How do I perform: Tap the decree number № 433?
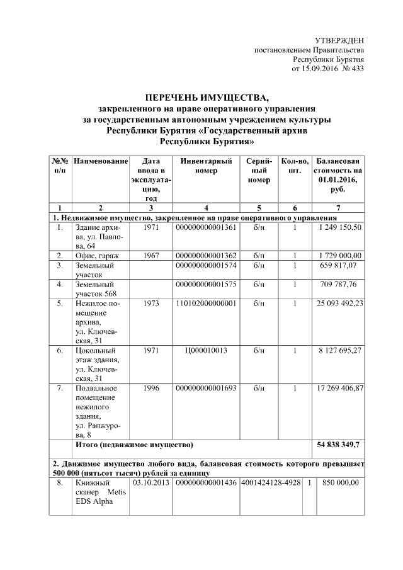tap(353, 67)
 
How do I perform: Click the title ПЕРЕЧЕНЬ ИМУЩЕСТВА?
tap(207, 98)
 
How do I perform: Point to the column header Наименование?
tap(101, 161)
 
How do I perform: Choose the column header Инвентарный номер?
tap(206, 166)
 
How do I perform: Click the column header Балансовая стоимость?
tap(338, 166)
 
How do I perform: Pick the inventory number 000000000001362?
tap(206, 255)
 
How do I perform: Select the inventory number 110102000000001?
tap(206, 303)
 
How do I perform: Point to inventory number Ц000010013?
tap(206, 350)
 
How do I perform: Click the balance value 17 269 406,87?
tap(338, 388)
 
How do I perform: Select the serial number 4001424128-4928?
tap(271, 482)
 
